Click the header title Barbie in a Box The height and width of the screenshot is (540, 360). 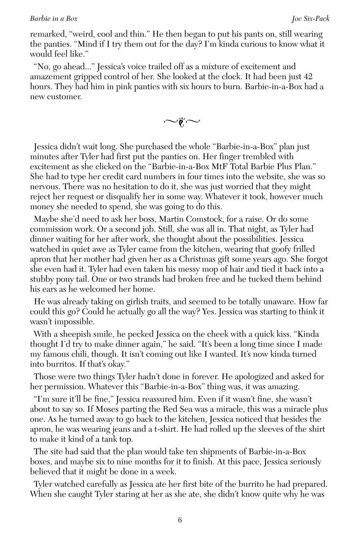click(54, 18)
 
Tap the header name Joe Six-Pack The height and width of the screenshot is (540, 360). click(311, 18)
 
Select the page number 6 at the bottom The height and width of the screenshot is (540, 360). click(180, 520)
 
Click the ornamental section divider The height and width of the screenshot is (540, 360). click(182, 122)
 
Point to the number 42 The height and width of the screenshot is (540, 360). click(308, 76)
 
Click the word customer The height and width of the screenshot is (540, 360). click(66, 96)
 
